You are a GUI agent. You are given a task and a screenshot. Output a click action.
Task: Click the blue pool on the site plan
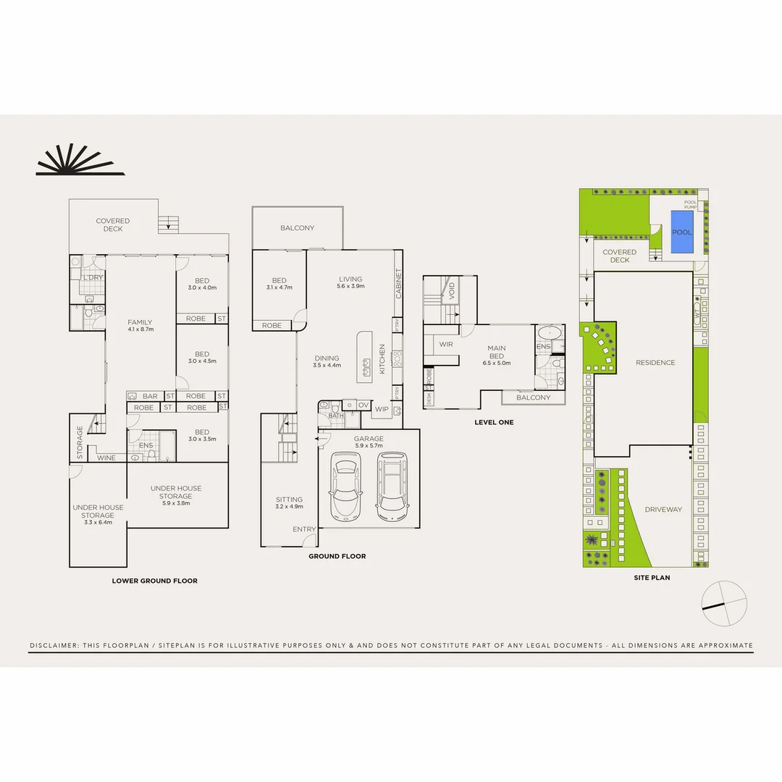681,232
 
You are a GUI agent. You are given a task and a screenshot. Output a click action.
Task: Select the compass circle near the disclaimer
724,603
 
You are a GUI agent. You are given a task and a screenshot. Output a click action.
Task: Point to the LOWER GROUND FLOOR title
154,581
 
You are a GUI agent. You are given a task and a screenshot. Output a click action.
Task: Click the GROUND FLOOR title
337,556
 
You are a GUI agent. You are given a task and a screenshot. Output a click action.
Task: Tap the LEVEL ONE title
494,421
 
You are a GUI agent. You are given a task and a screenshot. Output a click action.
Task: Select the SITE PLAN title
651,578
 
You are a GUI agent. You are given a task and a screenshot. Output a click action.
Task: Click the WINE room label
106,458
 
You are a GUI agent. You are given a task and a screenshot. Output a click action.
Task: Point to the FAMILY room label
140,322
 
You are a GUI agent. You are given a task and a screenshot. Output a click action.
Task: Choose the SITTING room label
289,500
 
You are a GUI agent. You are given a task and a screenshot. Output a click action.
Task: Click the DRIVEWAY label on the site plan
663,510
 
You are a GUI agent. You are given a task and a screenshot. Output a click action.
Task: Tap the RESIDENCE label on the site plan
655,363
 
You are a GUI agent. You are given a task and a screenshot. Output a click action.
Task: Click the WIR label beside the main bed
446,345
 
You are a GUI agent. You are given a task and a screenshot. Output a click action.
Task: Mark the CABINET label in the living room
398,284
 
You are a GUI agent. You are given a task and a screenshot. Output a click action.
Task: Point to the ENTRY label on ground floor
304,529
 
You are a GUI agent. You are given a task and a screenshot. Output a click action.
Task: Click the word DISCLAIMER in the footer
56,645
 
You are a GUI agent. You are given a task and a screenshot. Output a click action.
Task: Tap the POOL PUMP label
691,205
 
